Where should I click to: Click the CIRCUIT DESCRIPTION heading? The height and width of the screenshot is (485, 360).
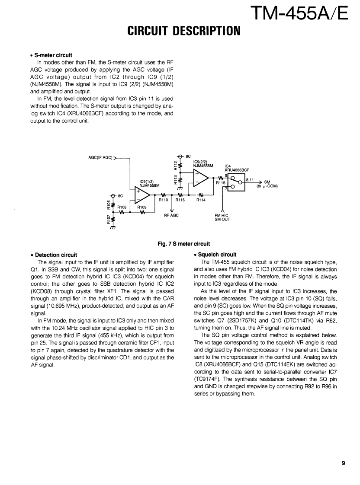coord(183,31)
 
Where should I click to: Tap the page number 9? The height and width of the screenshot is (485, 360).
coord(343,463)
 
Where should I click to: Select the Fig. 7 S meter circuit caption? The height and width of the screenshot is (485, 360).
coord(183,244)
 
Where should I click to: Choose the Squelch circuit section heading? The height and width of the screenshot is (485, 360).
coord(217,255)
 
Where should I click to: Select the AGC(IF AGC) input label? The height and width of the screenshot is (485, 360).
coord(100,158)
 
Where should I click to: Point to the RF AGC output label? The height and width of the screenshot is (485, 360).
coord(171,215)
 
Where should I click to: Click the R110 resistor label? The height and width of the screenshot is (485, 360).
coord(163,200)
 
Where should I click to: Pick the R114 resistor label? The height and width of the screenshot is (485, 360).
coord(201,200)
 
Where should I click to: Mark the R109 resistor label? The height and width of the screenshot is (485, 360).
coord(142,207)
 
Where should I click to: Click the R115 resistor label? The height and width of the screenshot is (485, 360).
coord(221,182)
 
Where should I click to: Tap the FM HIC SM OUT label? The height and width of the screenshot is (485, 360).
coord(222,217)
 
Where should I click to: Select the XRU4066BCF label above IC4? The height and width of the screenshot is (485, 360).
coord(237,170)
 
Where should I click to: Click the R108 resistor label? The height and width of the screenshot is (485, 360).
coord(122,207)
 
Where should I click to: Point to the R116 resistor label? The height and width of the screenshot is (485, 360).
coord(180,200)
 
